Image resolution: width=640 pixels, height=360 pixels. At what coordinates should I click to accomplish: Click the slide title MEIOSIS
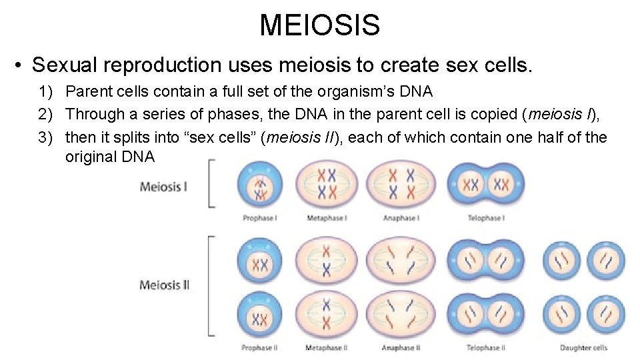(319, 25)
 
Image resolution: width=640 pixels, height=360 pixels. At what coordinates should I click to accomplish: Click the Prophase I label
(260, 218)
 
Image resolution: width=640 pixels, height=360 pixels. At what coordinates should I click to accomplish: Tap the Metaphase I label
(326, 218)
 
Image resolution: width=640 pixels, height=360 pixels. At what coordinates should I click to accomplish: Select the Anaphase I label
(400, 218)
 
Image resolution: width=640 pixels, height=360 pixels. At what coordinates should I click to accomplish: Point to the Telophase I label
(485, 218)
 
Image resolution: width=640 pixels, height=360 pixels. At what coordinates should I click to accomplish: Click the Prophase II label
(260, 347)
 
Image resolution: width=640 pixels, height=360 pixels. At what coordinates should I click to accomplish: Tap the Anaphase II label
(400, 347)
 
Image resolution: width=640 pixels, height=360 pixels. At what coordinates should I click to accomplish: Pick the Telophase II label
(485, 347)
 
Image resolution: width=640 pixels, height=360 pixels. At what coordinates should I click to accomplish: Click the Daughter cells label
(583, 347)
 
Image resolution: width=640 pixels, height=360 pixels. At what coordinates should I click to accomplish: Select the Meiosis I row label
(163, 186)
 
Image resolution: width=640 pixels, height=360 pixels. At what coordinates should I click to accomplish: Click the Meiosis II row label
(165, 285)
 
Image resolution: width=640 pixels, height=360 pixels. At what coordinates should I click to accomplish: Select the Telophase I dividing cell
(485, 183)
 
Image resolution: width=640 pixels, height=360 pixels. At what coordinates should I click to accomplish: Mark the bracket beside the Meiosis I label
(211, 183)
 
